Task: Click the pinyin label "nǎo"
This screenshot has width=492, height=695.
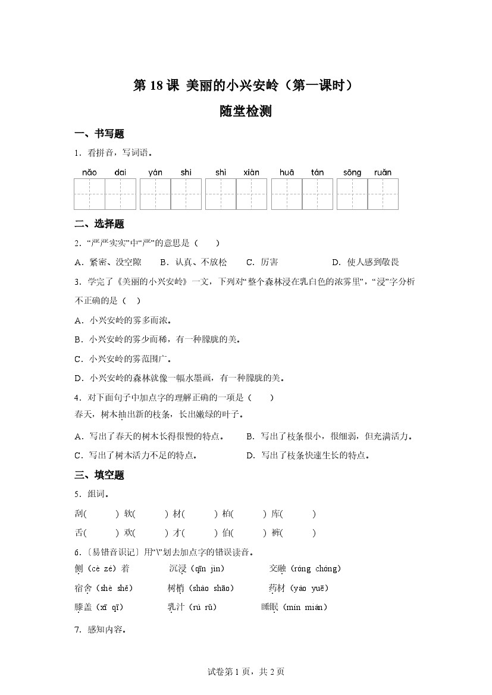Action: click(x=89, y=172)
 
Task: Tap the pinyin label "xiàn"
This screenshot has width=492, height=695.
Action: click(x=252, y=172)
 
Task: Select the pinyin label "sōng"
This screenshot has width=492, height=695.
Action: click(x=352, y=172)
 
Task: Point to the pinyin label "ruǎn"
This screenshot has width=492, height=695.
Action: click(x=383, y=172)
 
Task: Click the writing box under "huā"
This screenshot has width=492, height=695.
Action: click(x=287, y=194)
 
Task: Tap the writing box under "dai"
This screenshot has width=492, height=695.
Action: click(x=121, y=194)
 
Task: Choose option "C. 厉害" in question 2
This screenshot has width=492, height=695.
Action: click(x=262, y=262)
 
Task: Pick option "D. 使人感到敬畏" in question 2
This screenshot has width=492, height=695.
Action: click(x=365, y=262)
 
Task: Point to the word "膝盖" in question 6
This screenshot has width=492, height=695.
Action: click(x=84, y=607)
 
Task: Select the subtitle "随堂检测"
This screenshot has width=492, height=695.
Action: click(x=246, y=111)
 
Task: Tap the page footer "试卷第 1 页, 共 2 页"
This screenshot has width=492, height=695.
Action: click(x=246, y=672)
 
